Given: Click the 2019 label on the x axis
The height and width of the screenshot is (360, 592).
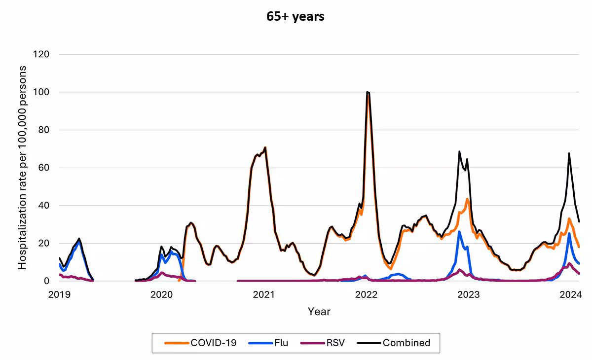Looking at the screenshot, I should click(x=59, y=295).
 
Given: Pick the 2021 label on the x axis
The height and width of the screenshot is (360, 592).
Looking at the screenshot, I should click(x=264, y=295).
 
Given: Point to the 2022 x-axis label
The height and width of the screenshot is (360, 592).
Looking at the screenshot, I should click(x=367, y=295).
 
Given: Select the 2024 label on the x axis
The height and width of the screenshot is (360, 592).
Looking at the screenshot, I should click(x=572, y=295).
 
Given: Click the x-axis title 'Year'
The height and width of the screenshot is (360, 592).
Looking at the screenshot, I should click(x=319, y=312).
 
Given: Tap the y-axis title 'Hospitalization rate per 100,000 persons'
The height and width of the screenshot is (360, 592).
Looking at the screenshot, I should click(x=23, y=168).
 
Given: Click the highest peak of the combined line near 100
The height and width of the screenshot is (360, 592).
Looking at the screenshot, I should click(x=368, y=92).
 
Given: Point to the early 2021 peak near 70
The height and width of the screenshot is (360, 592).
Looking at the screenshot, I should click(x=265, y=147).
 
